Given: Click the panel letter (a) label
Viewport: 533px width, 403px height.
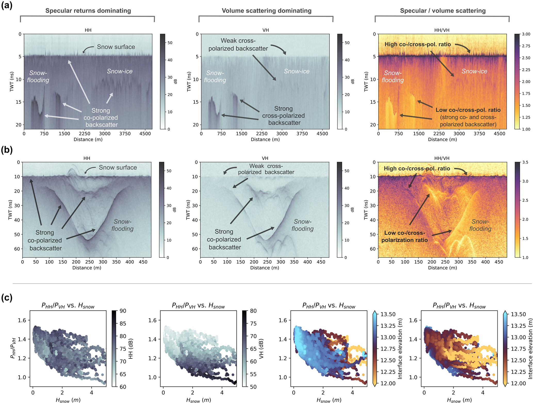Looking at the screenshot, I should [7, 5].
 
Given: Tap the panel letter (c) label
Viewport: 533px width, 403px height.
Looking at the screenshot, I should [7, 298].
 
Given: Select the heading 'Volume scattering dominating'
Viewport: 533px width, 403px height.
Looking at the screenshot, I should [266, 11].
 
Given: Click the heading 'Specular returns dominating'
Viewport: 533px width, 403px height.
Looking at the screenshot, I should [88, 11].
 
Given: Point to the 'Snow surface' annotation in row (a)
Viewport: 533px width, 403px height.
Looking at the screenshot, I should [116, 47].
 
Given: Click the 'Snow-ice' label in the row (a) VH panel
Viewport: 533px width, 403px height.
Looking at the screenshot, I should [297, 71].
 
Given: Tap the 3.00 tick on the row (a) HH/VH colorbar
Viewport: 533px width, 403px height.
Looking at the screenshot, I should [526, 34].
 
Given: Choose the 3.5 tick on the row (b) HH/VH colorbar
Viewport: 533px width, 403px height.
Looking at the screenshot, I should [525, 162].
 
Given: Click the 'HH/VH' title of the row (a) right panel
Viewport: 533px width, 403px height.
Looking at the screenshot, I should [442, 30].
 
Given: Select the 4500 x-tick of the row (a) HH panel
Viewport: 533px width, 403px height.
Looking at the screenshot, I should [145, 134].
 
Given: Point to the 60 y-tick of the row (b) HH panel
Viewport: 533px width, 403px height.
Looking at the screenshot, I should [17, 249].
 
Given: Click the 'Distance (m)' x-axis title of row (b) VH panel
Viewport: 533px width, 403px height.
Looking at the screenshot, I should [265, 268].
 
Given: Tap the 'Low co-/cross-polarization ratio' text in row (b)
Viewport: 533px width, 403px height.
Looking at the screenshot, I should [404, 236].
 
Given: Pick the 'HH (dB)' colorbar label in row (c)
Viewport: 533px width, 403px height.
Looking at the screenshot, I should [131, 349].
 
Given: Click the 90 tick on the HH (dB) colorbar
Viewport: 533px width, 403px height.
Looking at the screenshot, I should [123, 311].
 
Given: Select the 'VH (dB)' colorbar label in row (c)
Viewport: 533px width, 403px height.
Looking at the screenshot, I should [261, 349].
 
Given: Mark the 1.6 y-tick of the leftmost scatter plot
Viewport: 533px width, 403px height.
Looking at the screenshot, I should [22, 320].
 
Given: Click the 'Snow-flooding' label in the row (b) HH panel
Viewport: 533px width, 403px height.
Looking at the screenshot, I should [122, 225].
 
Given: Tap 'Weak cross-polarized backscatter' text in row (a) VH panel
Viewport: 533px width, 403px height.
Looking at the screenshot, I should [238, 45].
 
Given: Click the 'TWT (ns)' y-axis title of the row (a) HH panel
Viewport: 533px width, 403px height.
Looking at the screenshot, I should [12, 81].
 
